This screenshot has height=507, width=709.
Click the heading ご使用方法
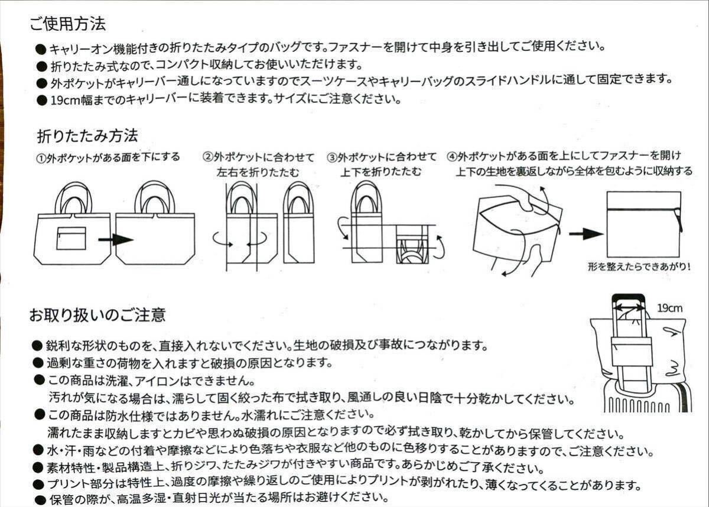pyautogui.click(x=67, y=24)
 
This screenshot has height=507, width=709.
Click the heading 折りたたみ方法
pyautogui.click(x=87, y=135)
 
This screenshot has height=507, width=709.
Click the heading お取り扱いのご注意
pyautogui.click(x=97, y=314)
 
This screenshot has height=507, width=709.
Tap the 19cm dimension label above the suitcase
pyautogui.click(x=669, y=307)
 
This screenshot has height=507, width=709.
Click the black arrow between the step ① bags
pyautogui.click(x=115, y=240)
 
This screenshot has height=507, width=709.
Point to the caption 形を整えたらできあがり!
pyautogui.click(x=639, y=267)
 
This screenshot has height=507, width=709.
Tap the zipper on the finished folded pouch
pyautogui.click(x=679, y=221)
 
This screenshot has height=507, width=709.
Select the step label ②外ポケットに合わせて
pyautogui.click(x=258, y=157)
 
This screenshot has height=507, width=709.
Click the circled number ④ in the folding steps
pyautogui.click(x=452, y=157)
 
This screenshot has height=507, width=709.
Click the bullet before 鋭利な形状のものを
pyautogui.click(x=37, y=344)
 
